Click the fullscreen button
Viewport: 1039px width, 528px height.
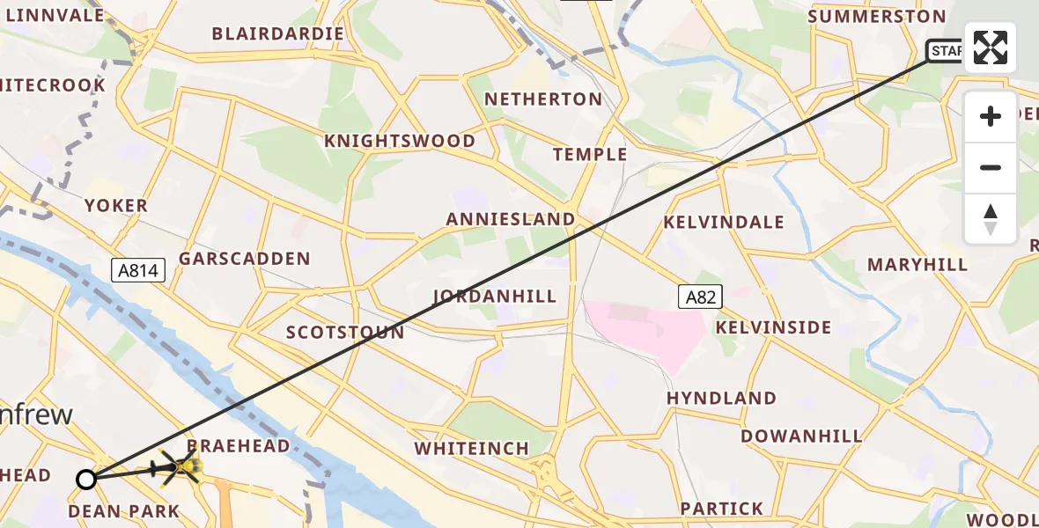[991, 47]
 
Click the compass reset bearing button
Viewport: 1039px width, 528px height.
[991, 219]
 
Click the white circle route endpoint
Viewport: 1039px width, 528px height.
[85, 480]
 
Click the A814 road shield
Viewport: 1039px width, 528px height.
[139, 270]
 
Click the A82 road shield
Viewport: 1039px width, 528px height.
[700, 297]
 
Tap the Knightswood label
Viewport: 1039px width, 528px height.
[400, 142]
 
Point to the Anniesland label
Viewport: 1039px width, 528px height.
[511, 219]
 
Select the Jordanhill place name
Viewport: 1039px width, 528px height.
[495, 297]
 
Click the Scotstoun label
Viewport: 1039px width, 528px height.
[345, 333]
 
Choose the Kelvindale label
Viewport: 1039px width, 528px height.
[724, 222]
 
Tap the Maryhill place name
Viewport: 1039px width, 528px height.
[917, 265]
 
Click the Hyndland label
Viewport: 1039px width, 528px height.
[721, 398]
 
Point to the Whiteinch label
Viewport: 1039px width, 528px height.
[472, 449]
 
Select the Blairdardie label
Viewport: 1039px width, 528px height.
[277, 34]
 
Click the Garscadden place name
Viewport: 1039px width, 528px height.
[245, 259]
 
